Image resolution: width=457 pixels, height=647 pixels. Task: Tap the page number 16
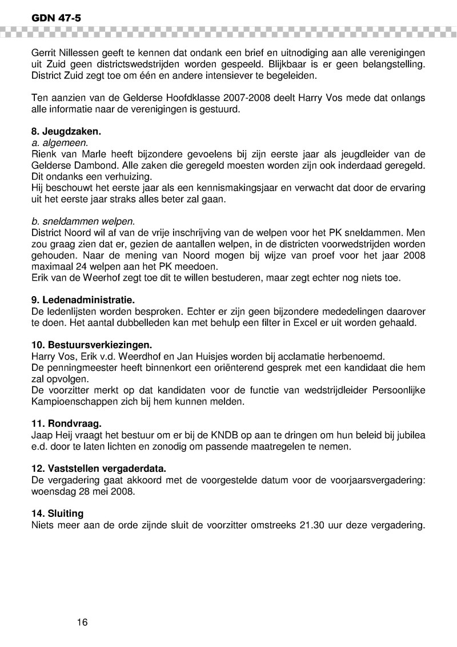coord(82,621)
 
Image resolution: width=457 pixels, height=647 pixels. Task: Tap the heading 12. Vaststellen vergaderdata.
coord(98,468)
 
